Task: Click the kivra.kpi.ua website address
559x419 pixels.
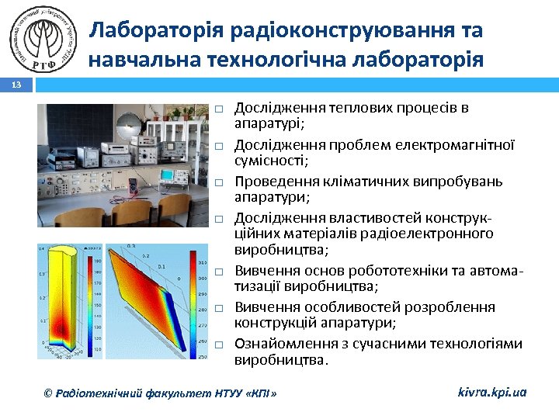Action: (491, 392)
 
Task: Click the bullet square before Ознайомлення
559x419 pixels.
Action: (220, 345)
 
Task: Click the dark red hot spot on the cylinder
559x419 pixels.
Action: (55, 264)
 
